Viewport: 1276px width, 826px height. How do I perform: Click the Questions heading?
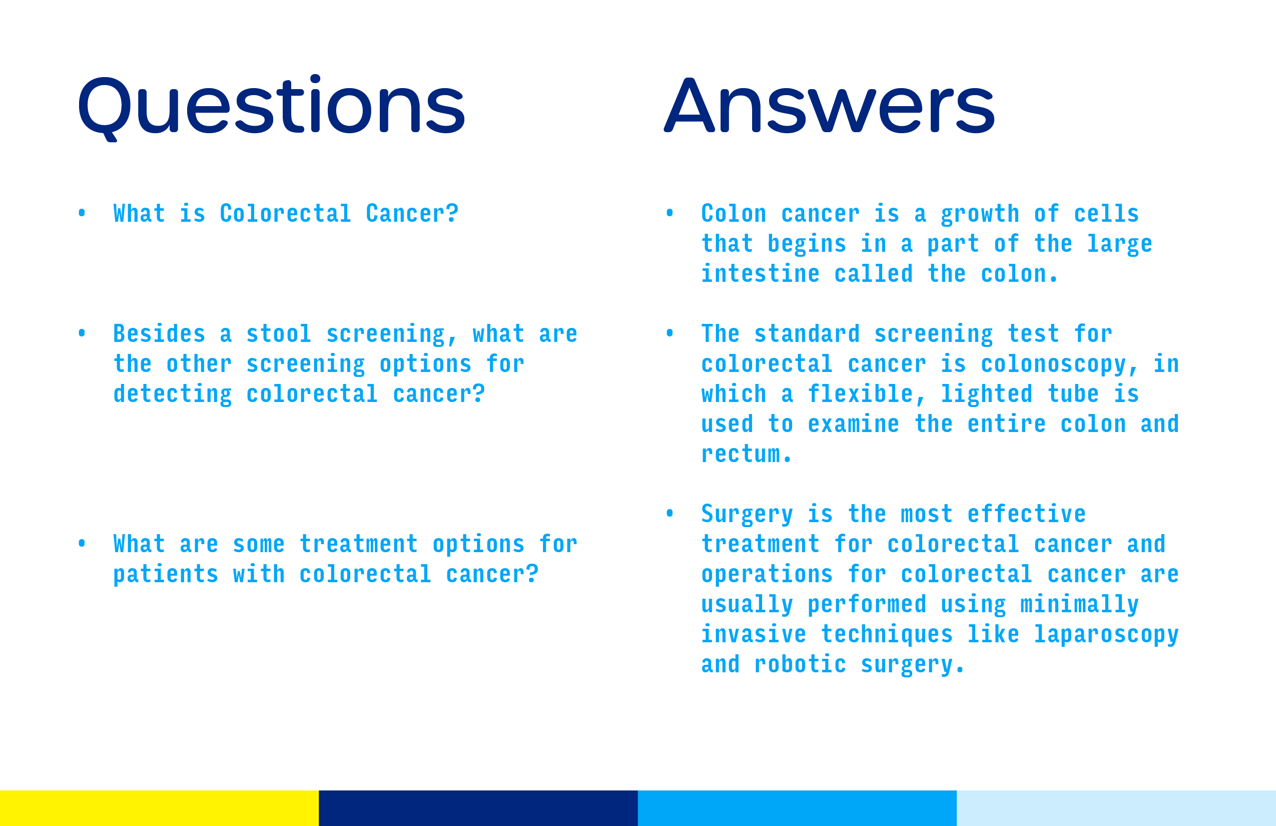point(271,107)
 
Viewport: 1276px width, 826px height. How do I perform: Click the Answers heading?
point(829,105)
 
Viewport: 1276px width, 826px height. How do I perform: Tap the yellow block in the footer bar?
point(159,808)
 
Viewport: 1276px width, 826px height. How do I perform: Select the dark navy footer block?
point(478,808)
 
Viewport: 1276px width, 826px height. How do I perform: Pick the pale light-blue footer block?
point(1116,808)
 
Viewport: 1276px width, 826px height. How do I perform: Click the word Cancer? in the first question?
point(412,213)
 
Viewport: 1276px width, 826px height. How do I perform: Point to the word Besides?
point(159,333)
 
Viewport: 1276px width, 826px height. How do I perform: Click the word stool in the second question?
point(279,333)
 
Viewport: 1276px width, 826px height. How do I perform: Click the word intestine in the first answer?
point(761,273)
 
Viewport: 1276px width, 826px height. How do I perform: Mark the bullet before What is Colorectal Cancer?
point(82,213)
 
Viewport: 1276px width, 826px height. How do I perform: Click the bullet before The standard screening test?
point(670,333)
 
